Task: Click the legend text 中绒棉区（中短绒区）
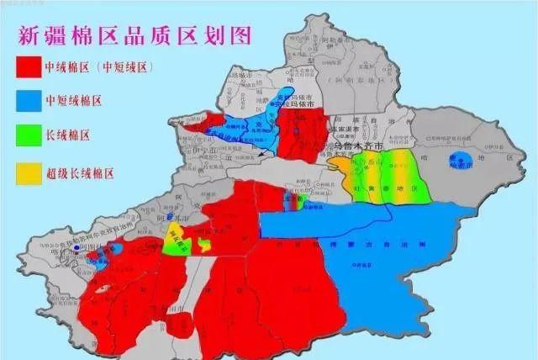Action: [102, 66]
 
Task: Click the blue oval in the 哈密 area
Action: [462, 161]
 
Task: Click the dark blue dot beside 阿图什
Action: [77, 249]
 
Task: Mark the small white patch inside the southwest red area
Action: [102, 289]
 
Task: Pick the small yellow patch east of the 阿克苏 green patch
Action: [205, 245]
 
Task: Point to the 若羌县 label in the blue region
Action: [363, 263]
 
